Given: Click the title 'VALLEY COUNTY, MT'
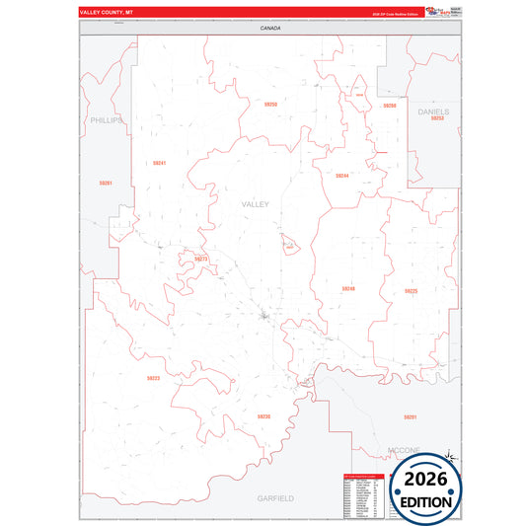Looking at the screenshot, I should click(x=106, y=12).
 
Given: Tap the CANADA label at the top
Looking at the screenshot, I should click(x=270, y=29).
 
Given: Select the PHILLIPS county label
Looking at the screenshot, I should click(x=107, y=120).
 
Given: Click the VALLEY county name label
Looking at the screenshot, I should click(x=255, y=204).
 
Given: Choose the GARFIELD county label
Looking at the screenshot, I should click(x=273, y=498).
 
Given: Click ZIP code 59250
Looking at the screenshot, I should click(x=270, y=104).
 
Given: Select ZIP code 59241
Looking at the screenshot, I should click(x=159, y=163).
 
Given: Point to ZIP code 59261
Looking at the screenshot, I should click(x=106, y=183).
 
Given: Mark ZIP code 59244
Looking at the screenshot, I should click(x=341, y=175).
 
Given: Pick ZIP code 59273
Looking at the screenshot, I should click(x=201, y=259).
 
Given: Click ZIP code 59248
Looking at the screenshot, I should click(x=348, y=288).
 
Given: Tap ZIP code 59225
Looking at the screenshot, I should click(x=411, y=291).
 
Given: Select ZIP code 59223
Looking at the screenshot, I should click(x=153, y=378).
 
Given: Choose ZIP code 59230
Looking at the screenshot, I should click(x=263, y=416).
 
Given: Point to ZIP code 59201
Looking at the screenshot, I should click(x=411, y=417).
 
